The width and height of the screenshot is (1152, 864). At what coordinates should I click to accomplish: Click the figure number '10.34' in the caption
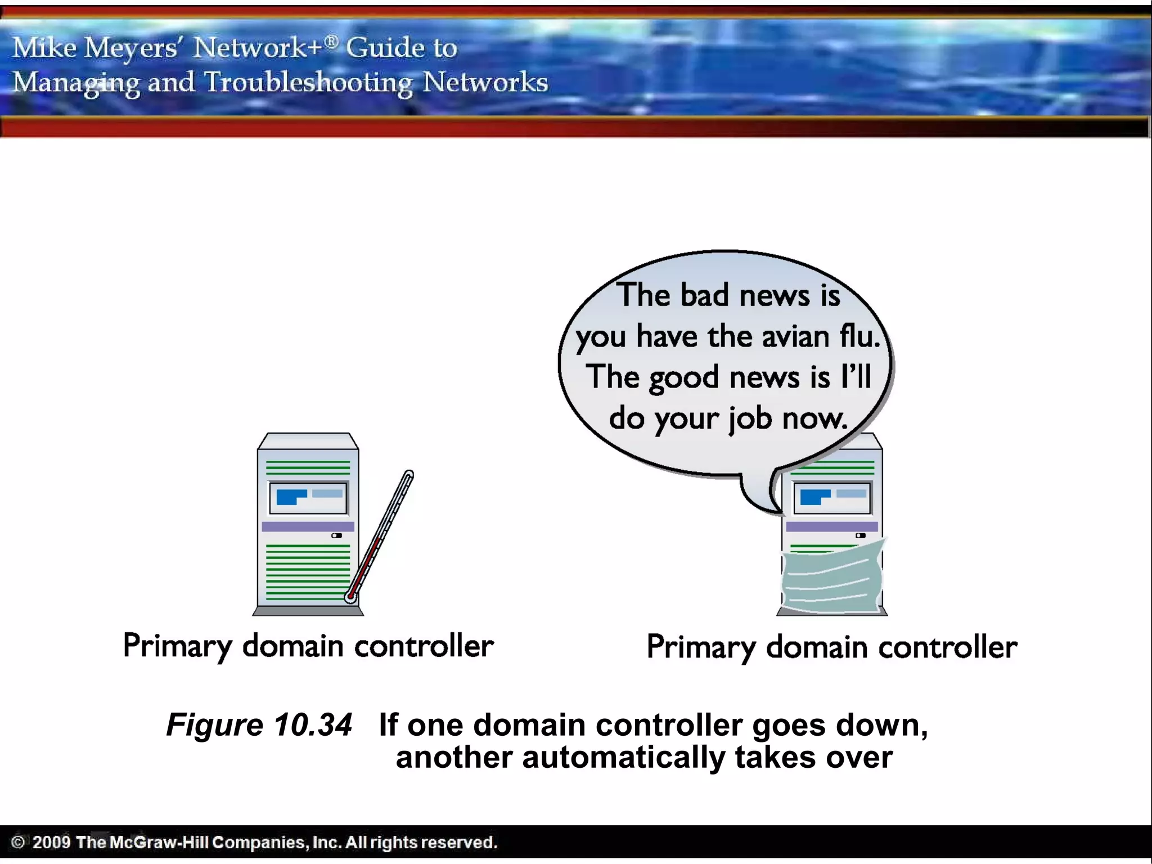click(x=313, y=724)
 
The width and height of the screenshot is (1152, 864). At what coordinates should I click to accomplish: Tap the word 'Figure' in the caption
click(x=214, y=724)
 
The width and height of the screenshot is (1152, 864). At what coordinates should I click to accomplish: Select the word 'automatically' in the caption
click(x=623, y=757)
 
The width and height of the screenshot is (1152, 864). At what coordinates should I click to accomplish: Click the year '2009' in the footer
click(x=51, y=842)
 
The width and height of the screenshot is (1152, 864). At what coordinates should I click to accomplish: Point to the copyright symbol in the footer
click(x=18, y=842)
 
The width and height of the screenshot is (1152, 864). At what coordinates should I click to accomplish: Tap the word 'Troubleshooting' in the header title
click(x=308, y=83)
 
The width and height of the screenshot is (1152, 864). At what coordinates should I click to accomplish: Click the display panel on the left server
click(x=308, y=498)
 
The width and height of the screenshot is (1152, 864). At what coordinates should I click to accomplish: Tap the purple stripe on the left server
click(x=308, y=526)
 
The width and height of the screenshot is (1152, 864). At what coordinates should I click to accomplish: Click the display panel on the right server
click(x=832, y=498)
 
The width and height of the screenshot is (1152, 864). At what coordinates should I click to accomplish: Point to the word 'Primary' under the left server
click(x=177, y=646)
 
